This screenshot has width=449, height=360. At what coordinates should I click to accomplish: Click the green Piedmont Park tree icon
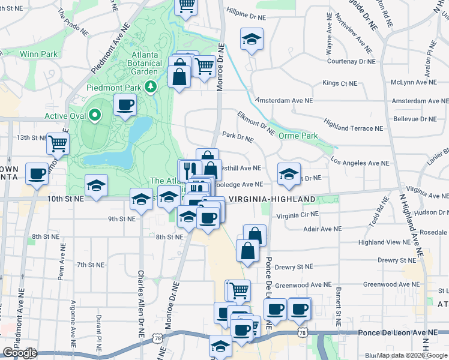pos(152,87)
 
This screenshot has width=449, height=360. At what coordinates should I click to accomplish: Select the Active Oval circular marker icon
pos(94,115)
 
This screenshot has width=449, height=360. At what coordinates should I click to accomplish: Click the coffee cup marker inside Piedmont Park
pos(125,106)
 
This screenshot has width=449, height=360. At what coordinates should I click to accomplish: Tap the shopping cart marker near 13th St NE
pos(58,143)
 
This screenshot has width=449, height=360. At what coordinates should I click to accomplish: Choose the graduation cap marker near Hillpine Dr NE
pos(252,40)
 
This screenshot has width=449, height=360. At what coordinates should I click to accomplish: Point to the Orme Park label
pos(298,136)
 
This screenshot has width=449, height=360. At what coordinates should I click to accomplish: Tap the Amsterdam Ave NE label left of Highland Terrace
pos(284,100)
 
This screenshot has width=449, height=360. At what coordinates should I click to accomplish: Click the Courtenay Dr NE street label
pos(351,61)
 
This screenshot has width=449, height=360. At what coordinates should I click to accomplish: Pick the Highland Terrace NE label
pos(353,128)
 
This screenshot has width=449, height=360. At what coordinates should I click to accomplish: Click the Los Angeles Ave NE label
pos(360,163)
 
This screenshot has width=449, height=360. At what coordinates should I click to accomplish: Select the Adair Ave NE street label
pos(322,229)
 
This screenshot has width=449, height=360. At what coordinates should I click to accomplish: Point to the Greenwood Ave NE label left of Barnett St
pos(304,284)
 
